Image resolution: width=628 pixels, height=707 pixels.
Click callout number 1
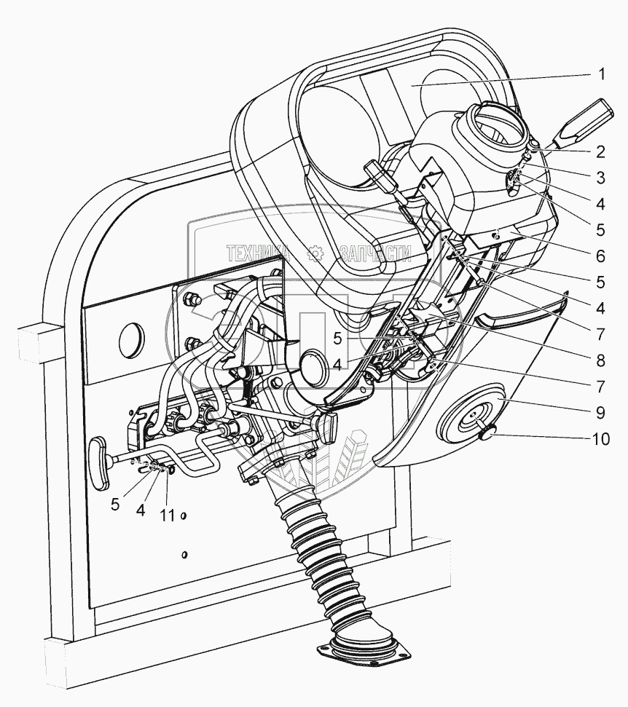(602, 74)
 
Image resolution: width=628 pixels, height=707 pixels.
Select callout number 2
(602, 152)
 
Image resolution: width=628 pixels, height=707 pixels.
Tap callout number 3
(602, 178)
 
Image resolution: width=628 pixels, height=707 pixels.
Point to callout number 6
(602, 256)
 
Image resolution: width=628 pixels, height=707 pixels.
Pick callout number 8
(602, 359)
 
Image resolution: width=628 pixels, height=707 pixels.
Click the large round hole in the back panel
(128, 339)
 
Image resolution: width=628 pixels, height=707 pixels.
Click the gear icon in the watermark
(315, 253)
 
